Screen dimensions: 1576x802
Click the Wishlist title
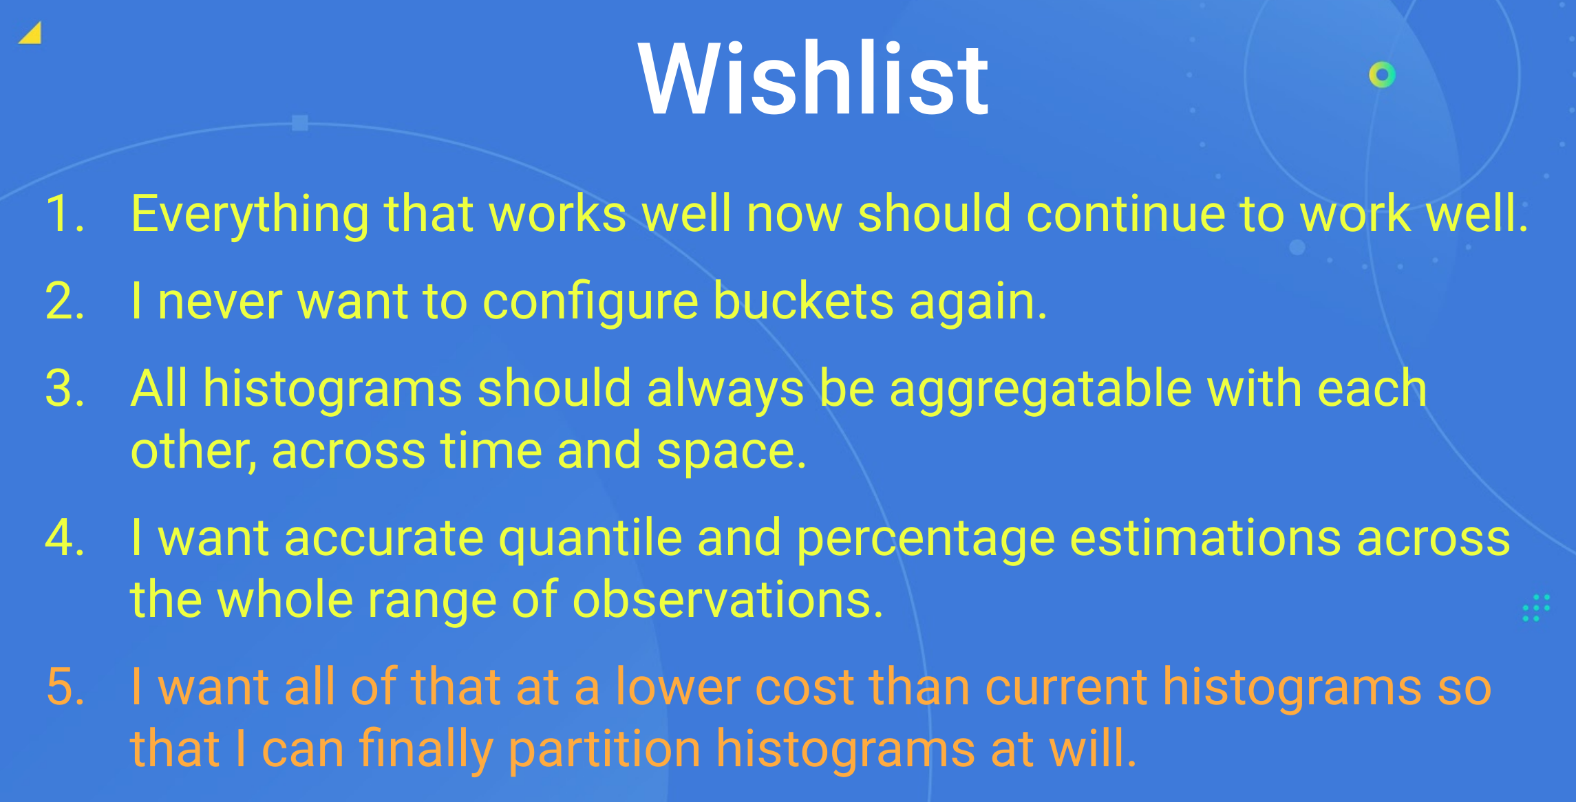click(x=813, y=78)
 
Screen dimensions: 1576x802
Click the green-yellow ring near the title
click(x=1382, y=74)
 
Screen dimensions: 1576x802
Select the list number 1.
click(x=65, y=213)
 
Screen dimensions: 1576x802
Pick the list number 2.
click(x=65, y=301)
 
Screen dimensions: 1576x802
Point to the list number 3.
click(x=65, y=389)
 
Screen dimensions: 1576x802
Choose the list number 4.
click(x=65, y=537)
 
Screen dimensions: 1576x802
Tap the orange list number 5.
click(x=65, y=686)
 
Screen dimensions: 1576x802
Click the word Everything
click(x=250, y=215)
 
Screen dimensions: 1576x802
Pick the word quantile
click(x=590, y=539)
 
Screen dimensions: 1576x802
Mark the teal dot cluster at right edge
click(x=1536, y=608)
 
